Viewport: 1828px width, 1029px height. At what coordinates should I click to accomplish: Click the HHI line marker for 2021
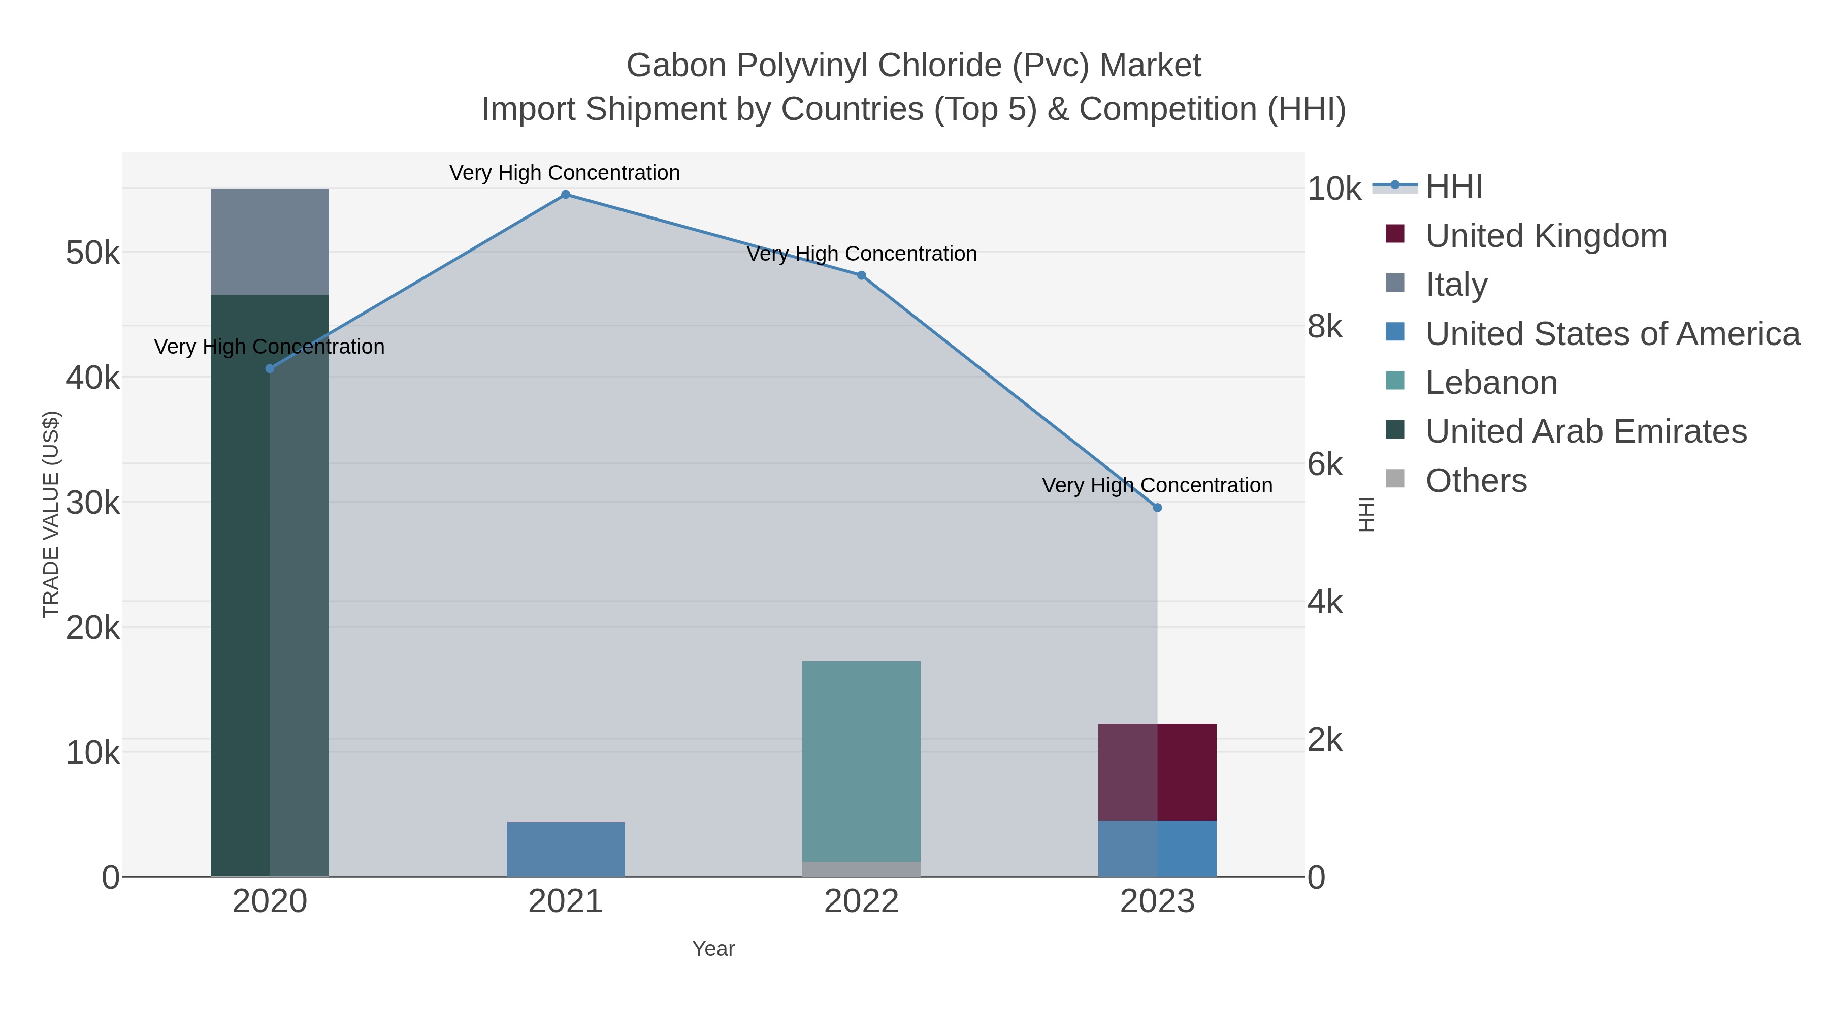(566, 195)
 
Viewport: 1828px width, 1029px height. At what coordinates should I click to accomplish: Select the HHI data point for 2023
(1157, 508)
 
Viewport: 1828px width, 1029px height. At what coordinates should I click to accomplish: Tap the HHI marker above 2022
(862, 275)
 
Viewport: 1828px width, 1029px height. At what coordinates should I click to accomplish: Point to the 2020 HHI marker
(270, 368)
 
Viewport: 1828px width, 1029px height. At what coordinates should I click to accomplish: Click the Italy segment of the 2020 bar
(270, 241)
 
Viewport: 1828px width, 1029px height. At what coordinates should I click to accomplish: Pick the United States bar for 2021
(566, 849)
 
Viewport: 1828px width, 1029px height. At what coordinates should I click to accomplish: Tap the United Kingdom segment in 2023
(1157, 772)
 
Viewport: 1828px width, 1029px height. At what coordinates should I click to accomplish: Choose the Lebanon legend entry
(1491, 383)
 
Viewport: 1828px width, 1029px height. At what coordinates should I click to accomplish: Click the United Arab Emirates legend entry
(1585, 432)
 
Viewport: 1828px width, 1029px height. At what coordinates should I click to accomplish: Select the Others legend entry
(1475, 481)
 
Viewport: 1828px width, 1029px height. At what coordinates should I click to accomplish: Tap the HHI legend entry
(1453, 187)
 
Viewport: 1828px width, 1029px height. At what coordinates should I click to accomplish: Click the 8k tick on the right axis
(1325, 327)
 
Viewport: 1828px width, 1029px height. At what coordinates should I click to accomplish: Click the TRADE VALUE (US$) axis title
(51, 514)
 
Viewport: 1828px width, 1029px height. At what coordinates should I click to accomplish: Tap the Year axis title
(713, 949)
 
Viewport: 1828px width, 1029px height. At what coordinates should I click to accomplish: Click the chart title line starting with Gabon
(913, 66)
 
